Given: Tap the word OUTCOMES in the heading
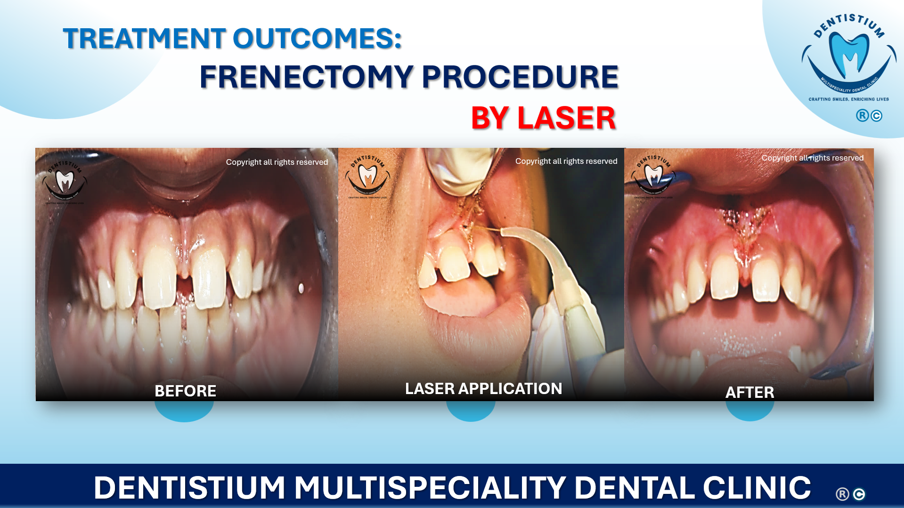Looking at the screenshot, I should (317, 39).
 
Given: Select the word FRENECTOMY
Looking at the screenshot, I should (306, 77).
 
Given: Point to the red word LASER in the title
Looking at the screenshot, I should (567, 118).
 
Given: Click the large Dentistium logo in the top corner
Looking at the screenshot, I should (849, 56).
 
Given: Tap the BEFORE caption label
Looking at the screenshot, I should (185, 391).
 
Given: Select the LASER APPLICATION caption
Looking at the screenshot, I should (483, 389).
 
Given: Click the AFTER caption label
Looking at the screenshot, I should (749, 392).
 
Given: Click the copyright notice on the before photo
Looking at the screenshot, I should (277, 162).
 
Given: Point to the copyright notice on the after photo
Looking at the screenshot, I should (812, 158).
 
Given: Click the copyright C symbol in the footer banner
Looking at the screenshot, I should (859, 494).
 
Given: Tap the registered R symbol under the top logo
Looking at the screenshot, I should (862, 115).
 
